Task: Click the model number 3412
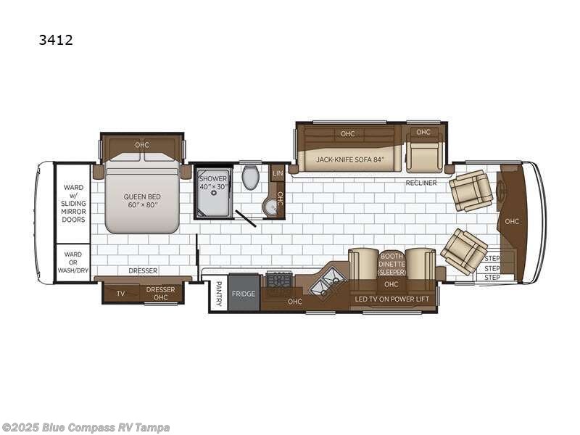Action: (x=56, y=40)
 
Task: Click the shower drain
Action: (x=213, y=193)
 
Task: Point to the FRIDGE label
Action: (x=244, y=294)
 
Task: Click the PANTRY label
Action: (x=219, y=294)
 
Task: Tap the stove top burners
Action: (x=279, y=279)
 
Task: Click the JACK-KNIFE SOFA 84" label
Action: (x=350, y=159)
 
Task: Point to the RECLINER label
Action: (x=421, y=183)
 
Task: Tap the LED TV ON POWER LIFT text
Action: (x=392, y=299)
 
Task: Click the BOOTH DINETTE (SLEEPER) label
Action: (x=391, y=264)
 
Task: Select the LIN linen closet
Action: (x=278, y=173)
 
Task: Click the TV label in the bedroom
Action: (x=120, y=294)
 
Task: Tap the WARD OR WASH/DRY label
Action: (x=73, y=262)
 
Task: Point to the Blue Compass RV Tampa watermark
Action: (x=85, y=428)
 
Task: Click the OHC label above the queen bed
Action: (x=142, y=144)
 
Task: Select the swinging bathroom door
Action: (x=246, y=219)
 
